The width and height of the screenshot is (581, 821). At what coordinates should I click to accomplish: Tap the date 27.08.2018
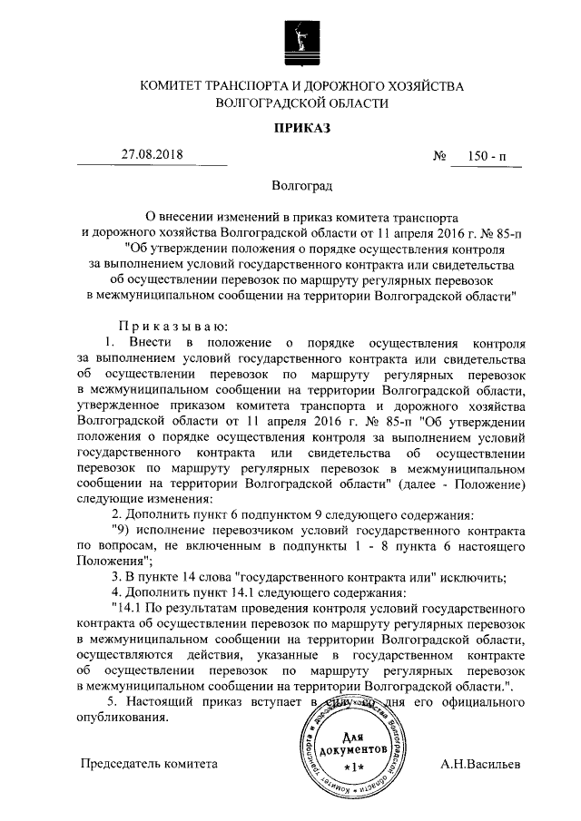click(152, 154)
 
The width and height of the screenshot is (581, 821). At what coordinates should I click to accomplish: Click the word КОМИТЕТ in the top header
click(170, 86)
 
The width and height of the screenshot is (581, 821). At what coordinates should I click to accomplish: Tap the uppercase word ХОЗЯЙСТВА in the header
click(419, 86)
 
